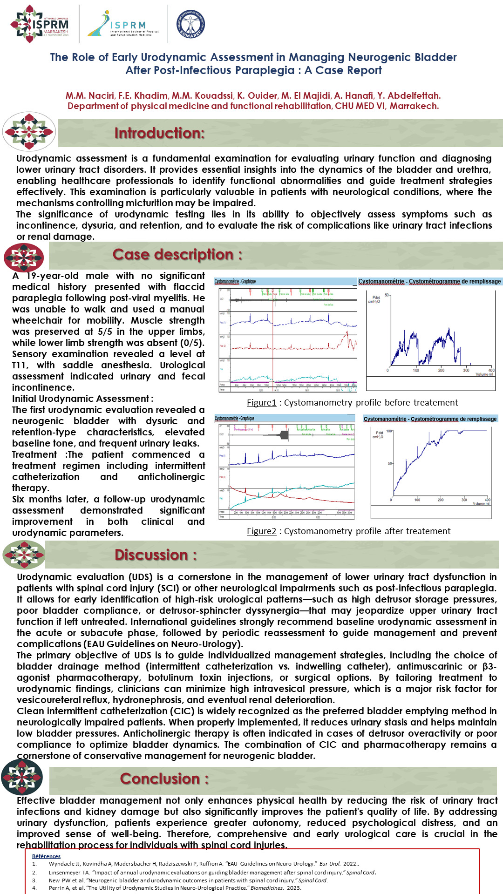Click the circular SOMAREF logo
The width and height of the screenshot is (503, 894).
tap(191, 24)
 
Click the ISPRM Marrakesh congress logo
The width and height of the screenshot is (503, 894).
tap(40, 24)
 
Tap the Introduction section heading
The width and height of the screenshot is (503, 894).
tap(159, 133)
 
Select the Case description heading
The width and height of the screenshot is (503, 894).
tap(177, 255)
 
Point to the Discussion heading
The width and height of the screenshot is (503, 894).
tap(156, 555)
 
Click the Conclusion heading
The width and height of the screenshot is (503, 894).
tap(164, 779)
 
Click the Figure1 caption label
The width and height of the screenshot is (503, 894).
tap(261, 403)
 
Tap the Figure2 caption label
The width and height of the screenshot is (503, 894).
tap(261, 531)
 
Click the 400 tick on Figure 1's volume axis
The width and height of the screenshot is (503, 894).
tap(491, 370)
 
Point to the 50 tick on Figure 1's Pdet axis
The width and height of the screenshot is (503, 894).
tap(387, 295)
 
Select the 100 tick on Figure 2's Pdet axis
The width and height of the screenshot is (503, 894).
tap(389, 431)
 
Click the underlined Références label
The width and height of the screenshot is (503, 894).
tap(46, 856)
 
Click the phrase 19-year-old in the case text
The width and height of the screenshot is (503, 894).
tap(52, 276)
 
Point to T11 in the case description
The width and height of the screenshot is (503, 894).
tap(20, 365)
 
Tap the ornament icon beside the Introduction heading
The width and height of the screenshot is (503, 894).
tap(29, 132)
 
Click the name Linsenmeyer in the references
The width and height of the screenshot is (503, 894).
tap(65, 872)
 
